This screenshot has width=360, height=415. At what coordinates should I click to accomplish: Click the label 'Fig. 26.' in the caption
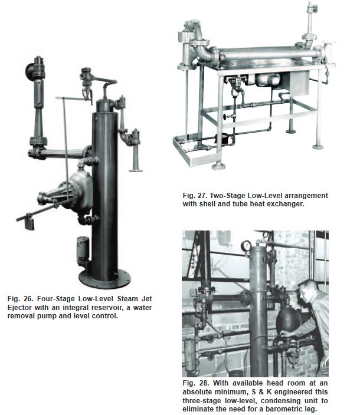(19, 299)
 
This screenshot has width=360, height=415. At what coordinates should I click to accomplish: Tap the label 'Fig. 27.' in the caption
(195, 196)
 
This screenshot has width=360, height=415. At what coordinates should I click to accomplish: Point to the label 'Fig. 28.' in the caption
(195, 383)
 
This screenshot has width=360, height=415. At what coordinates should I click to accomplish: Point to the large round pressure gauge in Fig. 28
(246, 246)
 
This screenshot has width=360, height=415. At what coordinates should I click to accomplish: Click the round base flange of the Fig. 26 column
(104, 279)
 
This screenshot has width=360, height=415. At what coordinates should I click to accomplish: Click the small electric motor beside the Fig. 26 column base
(83, 250)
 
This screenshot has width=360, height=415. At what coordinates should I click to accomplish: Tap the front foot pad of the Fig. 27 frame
(218, 166)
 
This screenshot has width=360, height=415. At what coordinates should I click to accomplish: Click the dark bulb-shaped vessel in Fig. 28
(288, 318)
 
